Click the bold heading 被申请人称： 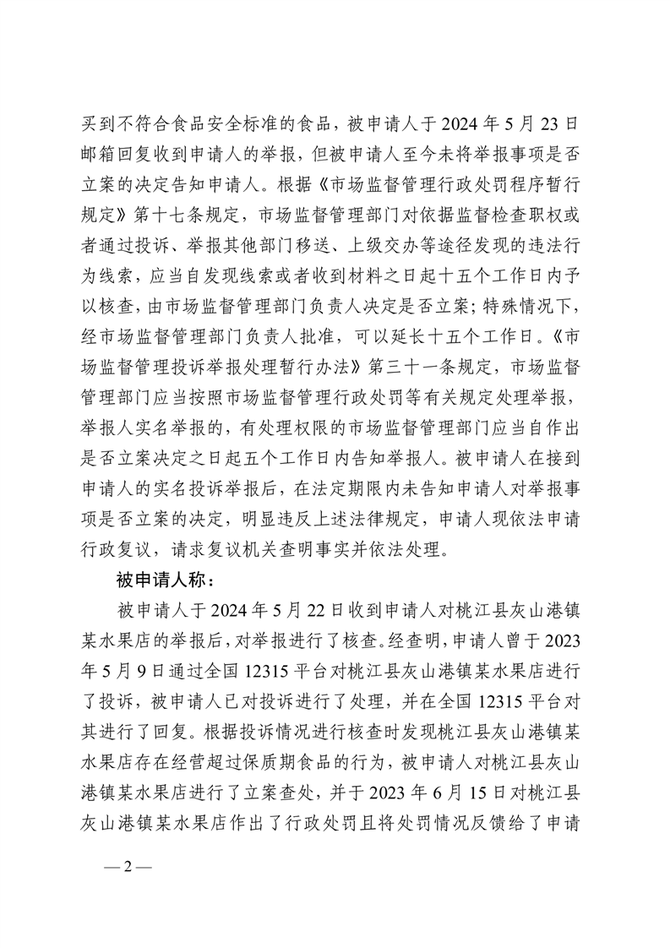(157, 581)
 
